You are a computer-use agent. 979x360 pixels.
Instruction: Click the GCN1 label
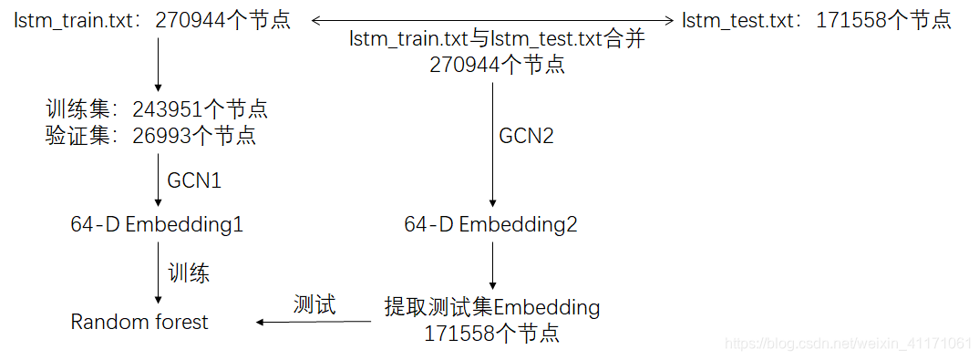(193, 180)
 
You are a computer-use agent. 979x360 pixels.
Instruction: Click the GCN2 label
(526, 137)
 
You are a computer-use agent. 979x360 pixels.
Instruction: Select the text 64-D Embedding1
(157, 224)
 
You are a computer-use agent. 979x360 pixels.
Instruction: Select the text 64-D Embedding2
(490, 224)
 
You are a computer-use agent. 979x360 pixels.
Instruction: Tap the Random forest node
(139, 322)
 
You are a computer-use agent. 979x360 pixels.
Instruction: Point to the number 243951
(168, 109)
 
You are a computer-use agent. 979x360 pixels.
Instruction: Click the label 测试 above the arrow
(314, 304)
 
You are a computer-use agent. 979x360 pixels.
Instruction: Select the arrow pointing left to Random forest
(314, 322)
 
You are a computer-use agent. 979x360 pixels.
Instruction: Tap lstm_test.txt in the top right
(737, 19)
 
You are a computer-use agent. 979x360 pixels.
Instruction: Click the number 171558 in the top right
(852, 19)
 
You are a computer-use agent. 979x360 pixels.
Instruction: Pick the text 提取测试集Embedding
(492, 307)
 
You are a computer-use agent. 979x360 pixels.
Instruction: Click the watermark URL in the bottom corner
(847, 344)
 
